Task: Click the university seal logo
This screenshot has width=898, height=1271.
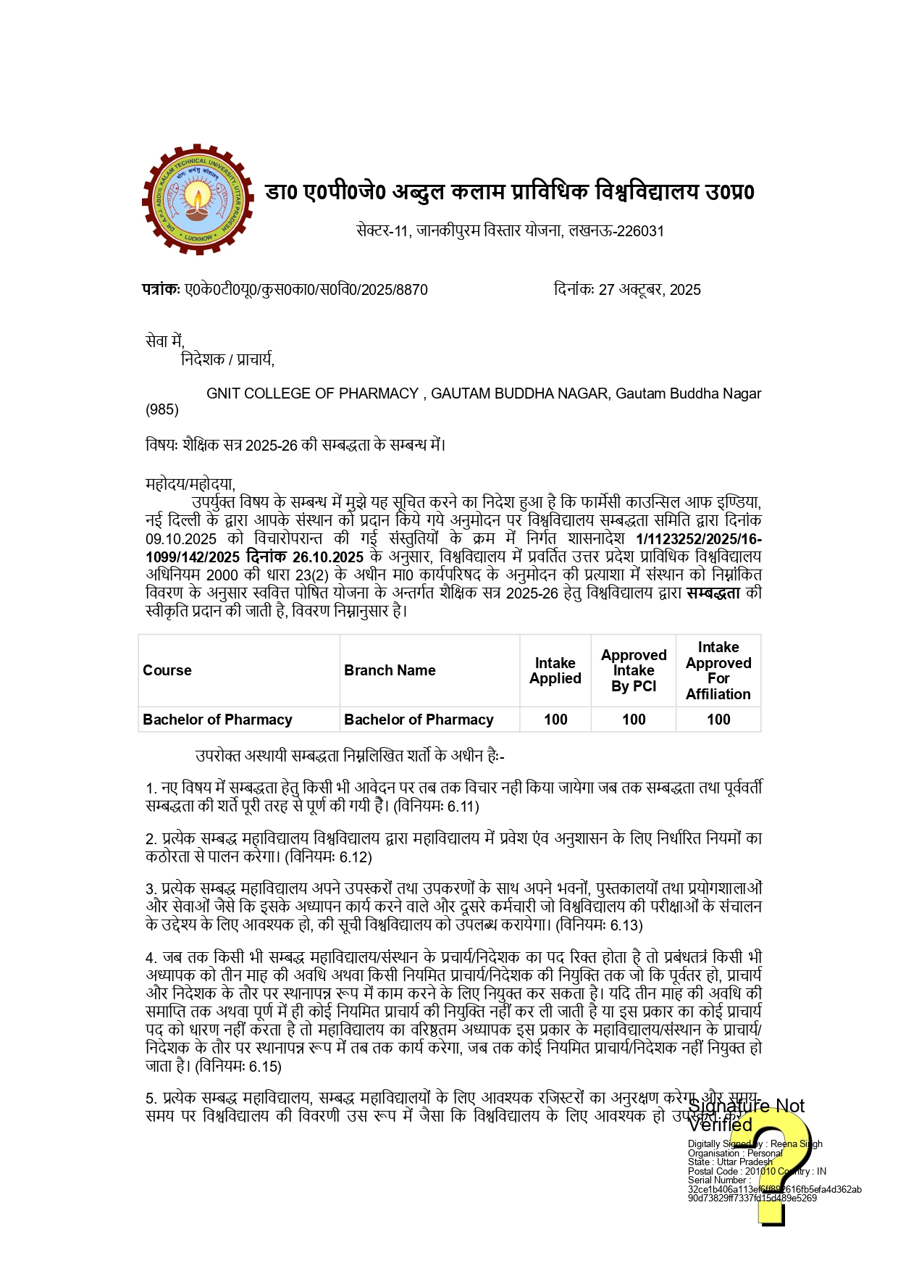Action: pos(198,199)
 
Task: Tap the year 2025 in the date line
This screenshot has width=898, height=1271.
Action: pos(685,290)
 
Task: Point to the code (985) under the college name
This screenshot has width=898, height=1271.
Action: pos(162,410)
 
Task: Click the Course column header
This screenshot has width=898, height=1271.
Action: pos(167,670)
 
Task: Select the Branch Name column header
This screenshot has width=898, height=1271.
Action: pos(390,670)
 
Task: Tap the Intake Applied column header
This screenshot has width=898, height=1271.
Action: pos(555,670)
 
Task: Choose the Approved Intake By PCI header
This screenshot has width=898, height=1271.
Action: pos(634,670)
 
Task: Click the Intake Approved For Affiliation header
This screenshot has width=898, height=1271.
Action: pos(718,670)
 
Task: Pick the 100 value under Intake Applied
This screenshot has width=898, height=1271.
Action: pos(555,720)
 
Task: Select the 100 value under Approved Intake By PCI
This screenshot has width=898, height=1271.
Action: pos(634,720)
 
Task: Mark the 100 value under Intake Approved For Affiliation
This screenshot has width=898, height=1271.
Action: pos(718,720)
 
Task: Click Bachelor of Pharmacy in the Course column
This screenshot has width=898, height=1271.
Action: pos(217,720)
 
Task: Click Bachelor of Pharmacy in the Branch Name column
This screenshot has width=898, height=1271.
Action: pos(419,720)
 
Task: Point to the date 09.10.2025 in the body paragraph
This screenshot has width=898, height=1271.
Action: pos(181,539)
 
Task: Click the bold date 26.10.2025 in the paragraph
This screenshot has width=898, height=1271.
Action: pos(328,557)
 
